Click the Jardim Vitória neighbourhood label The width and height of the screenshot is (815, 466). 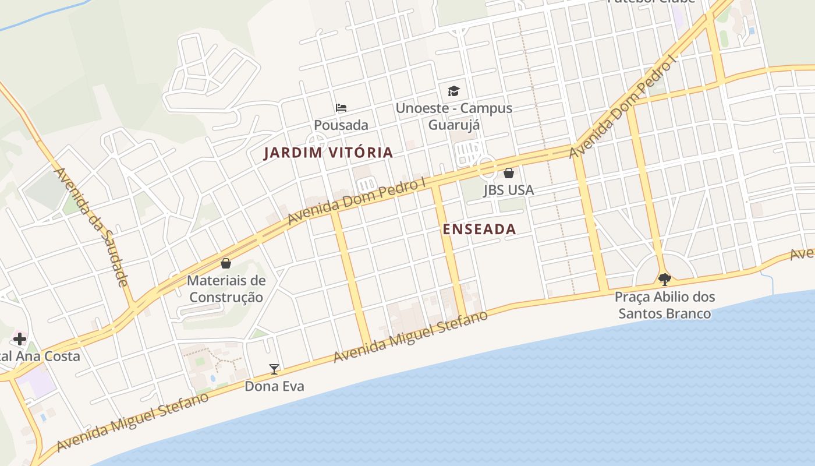click(328, 153)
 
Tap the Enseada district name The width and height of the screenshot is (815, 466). click(479, 229)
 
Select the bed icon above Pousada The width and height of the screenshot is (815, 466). click(341, 108)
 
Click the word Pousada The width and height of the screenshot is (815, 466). click(341, 125)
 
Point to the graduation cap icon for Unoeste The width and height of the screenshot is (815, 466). click(453, 91)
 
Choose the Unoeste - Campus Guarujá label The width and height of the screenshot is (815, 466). click(454, 116)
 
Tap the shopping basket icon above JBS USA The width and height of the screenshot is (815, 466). click(508, 173)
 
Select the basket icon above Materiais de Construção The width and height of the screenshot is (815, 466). click(226, 263)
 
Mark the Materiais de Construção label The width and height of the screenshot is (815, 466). click(226, 289)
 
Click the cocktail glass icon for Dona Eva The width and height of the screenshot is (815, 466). click(274, 369)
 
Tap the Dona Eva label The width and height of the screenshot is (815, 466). click(274, 386)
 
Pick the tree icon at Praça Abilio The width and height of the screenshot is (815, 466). click(664, 279)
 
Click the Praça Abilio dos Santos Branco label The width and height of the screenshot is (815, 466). click(664, 305)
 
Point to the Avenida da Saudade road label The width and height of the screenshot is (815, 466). click(90, 227)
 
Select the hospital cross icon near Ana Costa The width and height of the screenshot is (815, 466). click(19, 338)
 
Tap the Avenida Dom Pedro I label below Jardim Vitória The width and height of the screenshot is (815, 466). click(357, 202)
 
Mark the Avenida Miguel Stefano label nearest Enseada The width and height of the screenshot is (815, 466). click(410, 337)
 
